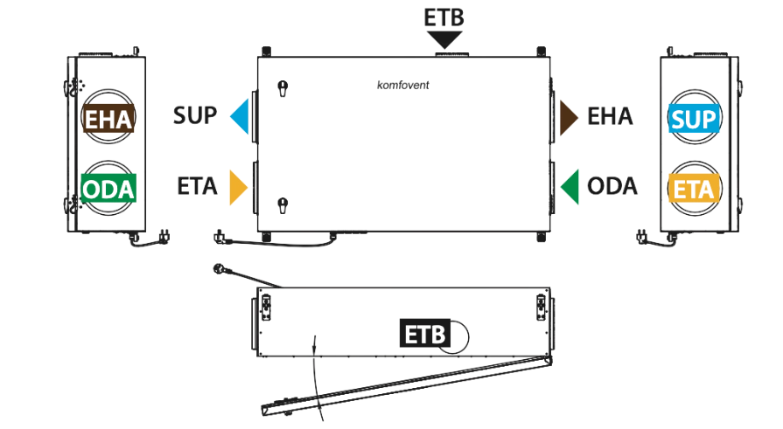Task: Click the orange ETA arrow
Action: (x=237, y=187)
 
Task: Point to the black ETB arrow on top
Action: (x=444, y=40)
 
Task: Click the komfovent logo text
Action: (x=403, y=86)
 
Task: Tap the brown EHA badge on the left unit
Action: (x=108, y=118)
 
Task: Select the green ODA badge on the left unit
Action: (x=108, y=188)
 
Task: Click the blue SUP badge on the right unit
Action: (x=694, y=119)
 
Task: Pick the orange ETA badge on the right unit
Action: (x=694, y=189)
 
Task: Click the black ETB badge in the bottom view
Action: (x=425, y=333)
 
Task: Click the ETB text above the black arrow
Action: (x=444, y=17)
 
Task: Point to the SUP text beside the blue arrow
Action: (x=195, y=115)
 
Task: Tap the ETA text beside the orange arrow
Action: (x=197, y=187)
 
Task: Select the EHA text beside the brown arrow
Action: (x=611, y=117)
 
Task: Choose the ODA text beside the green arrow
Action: (x=612, y=187)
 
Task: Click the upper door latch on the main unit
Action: (x=283, y=88)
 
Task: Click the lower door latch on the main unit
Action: (x=283, y=205)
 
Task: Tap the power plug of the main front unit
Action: (x=220, y=237)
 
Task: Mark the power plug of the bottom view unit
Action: (x=220, y=269)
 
